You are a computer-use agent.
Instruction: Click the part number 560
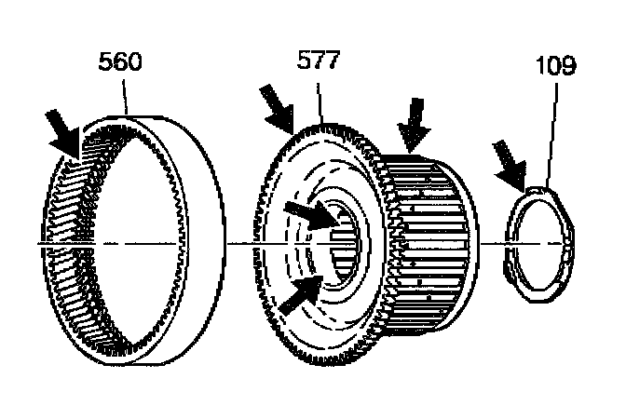(121, 63)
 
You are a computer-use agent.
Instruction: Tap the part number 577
(320, 63)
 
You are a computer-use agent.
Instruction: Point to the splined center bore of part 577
(344, 244)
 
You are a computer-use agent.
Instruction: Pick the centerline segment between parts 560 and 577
(244, 244)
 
